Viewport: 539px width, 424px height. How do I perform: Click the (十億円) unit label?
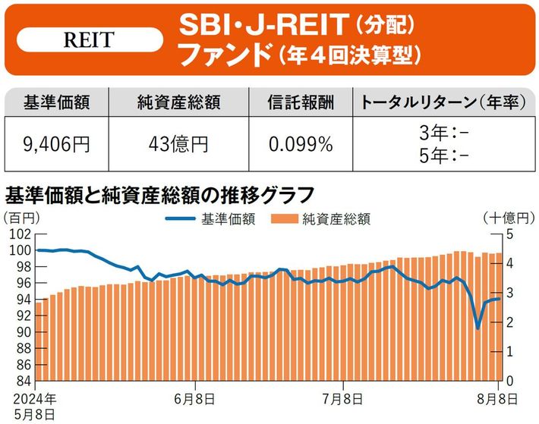pyautogui.click(x=505, y=218)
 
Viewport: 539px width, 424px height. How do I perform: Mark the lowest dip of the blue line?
pyautogui.click(x=478, y=328)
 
